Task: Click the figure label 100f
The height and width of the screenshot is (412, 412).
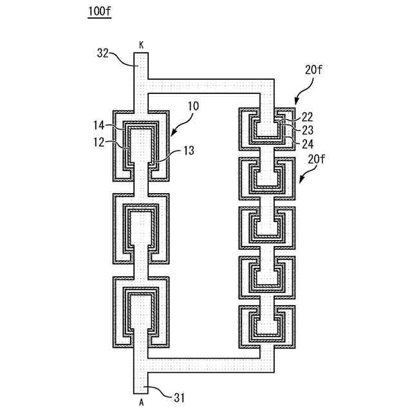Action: (x=99, y=12)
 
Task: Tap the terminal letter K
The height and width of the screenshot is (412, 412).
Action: (x=141, y=44)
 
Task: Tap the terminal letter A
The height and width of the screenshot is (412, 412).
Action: (x=141, y=402)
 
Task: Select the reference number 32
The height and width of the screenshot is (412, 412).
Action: (x=103, y=54)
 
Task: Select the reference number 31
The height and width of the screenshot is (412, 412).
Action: (x=179, y=398)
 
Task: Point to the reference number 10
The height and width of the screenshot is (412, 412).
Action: (x=193, y=106)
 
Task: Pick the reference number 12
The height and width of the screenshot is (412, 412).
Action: (x=100, y=143)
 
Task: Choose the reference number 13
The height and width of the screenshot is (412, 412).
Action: (x=187, y=151)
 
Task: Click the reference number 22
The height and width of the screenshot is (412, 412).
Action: (x=307, y=117)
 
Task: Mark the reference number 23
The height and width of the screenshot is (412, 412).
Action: (x=307, y=129)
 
